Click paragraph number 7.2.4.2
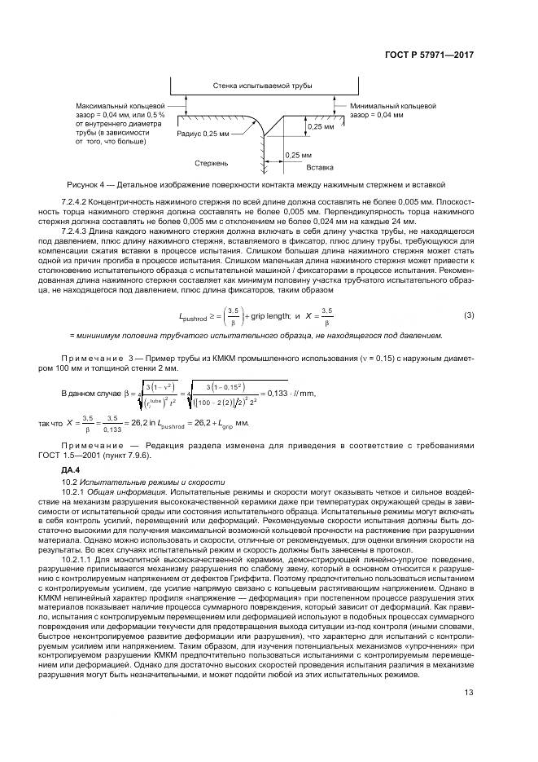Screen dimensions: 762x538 80,200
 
